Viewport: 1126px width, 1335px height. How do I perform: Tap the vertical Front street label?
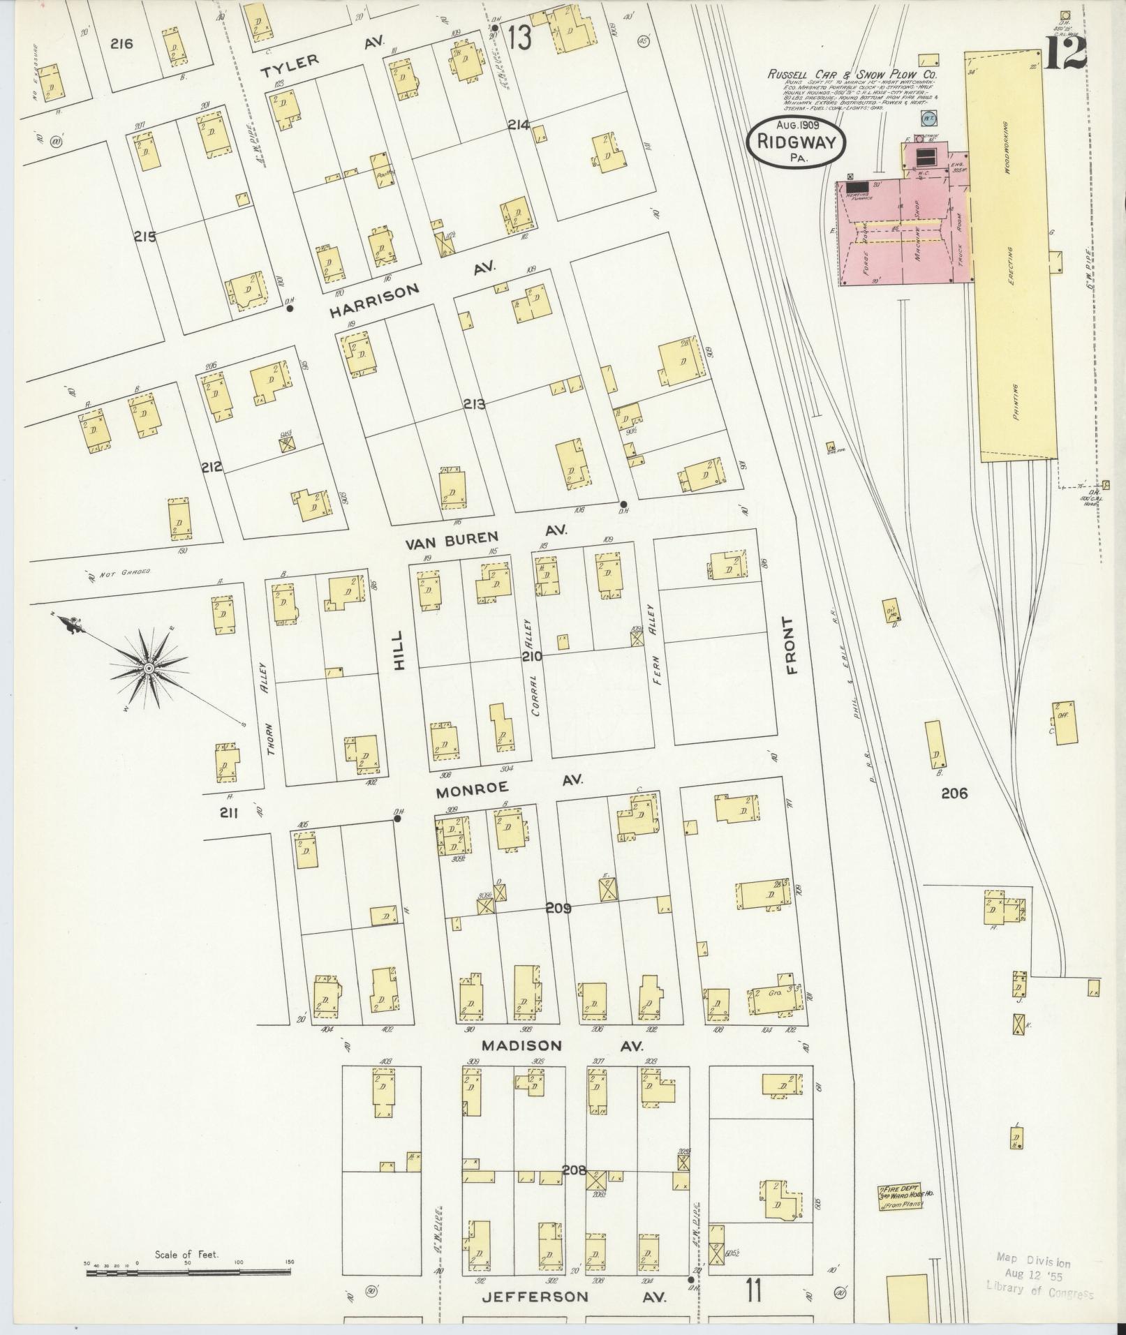pos(791,646)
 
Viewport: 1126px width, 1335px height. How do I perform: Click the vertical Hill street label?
pos(398,650)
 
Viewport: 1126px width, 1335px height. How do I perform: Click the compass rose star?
pos(148,669)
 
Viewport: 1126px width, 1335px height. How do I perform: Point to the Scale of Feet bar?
pos(188,1272)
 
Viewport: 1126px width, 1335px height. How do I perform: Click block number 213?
pos(473,404)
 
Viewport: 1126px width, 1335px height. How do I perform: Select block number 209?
pos(558,909)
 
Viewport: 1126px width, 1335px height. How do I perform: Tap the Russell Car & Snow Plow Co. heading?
pos(852,75)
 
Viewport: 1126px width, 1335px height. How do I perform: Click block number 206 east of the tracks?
pos(954,793)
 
